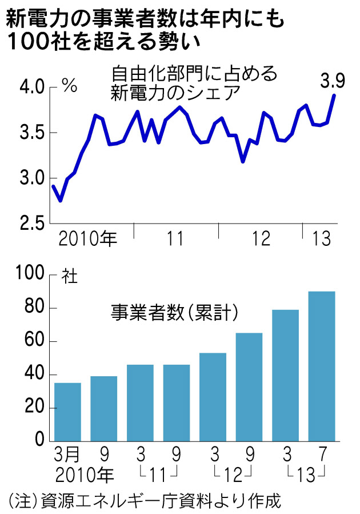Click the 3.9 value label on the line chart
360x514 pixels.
tap(332, 82)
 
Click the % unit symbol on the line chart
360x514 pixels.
tap(70, 87)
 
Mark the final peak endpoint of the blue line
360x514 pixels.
tap(334, 95)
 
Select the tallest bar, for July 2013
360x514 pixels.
tap(322, 366)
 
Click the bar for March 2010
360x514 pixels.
tap(68, 412)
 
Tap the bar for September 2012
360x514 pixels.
tap(249, 387)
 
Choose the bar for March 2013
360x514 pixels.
tap(285, 375)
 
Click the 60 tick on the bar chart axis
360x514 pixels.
tap(35, 342)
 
